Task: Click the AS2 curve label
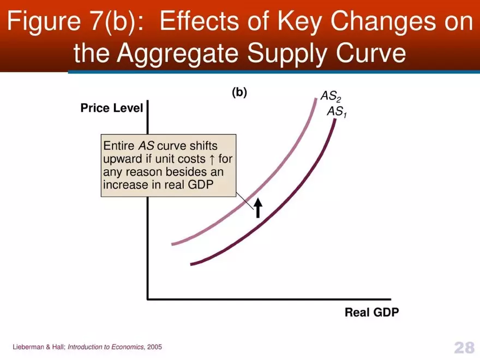(x=331, y=97)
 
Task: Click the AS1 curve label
(x=337, y=112)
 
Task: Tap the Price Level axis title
(x=111, y=108)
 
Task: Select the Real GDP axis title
(x=371, y=313)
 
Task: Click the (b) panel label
(x=239, y=92)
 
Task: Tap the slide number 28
(x=464, y=347)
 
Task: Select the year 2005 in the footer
(x=154, y=347)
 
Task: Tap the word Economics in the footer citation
(x=128, y=347)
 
